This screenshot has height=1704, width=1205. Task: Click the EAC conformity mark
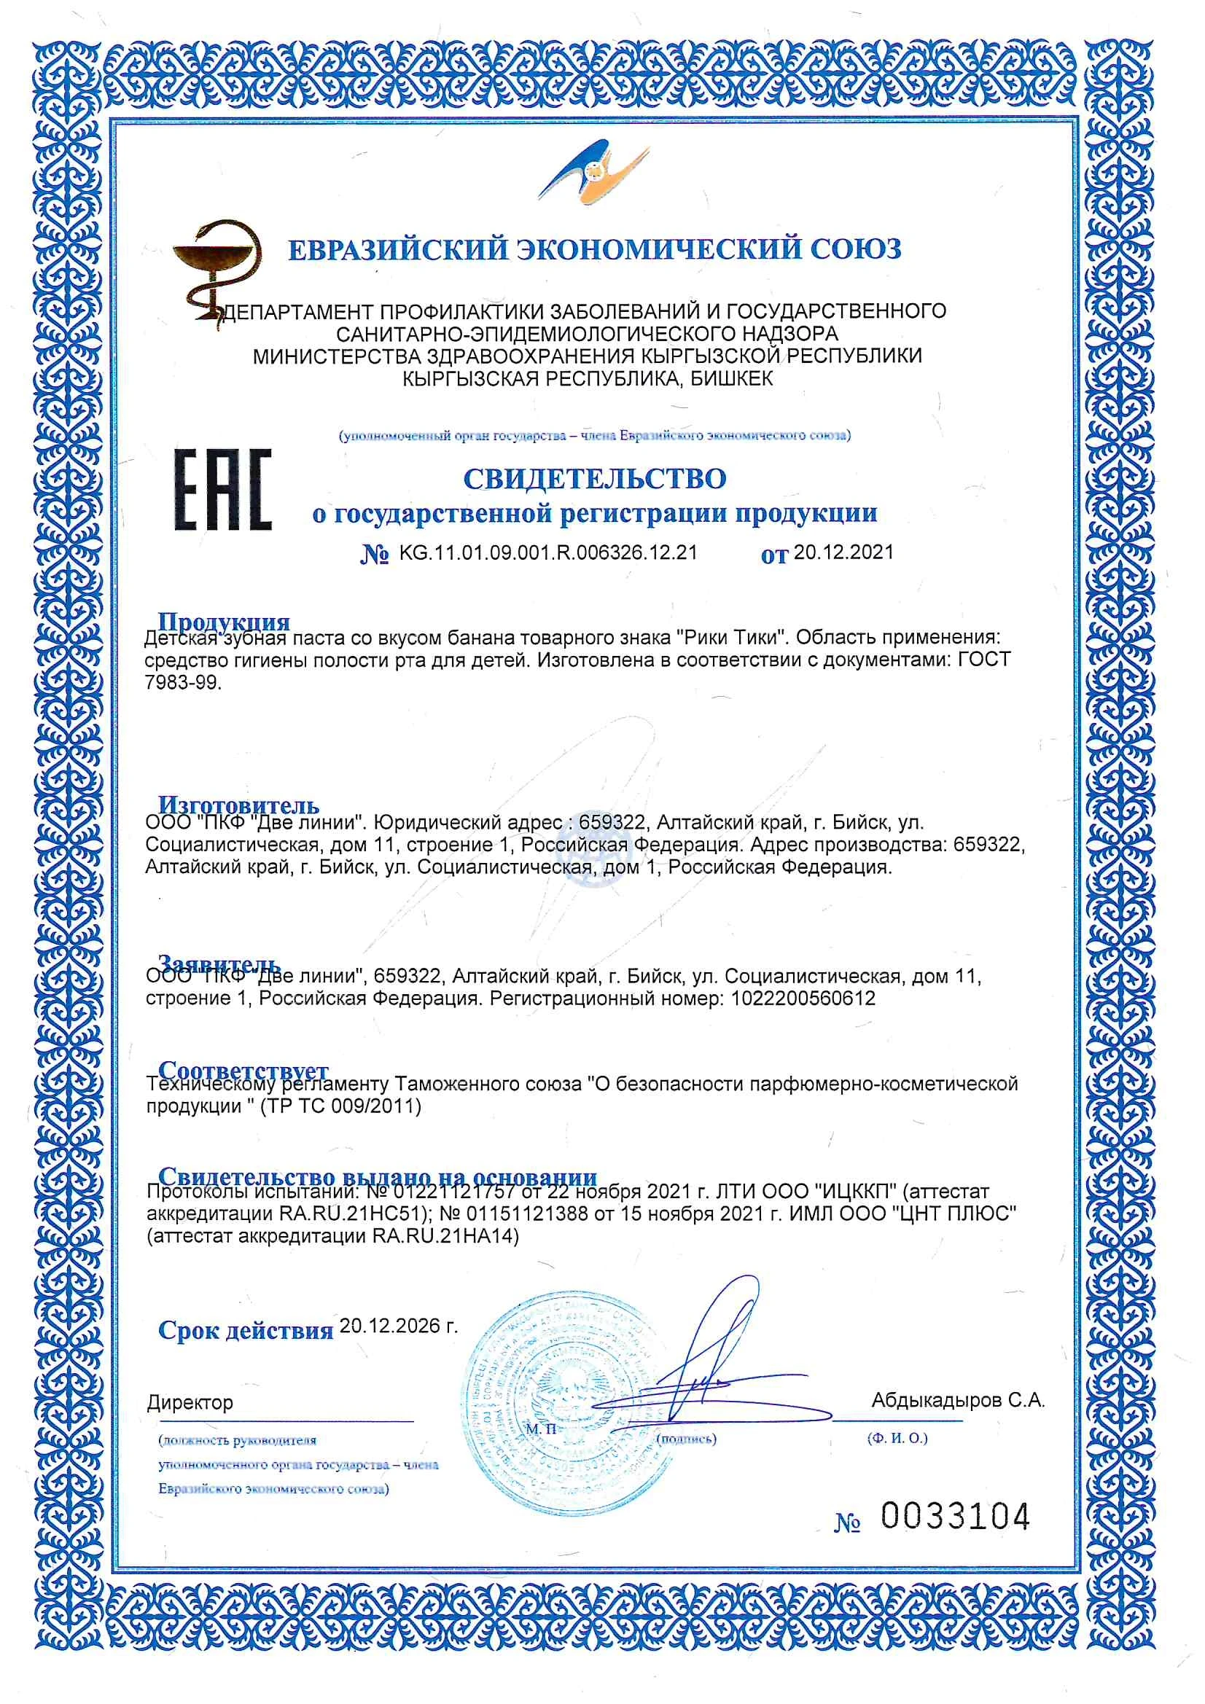[223, 490]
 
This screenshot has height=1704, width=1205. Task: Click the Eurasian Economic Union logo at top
[594, 173]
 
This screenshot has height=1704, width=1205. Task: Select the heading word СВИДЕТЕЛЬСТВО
[595, 480]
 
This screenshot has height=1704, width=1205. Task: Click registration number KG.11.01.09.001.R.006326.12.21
[548, 553]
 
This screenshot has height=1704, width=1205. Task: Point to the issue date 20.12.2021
[843, 552]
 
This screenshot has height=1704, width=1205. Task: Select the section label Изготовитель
[238, 805]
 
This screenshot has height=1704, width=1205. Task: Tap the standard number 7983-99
[183, 683]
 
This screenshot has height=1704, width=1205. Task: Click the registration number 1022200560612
[803, 998]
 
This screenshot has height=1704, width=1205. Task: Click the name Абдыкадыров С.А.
[958, 1401]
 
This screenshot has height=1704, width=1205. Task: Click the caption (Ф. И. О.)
[897, 1438]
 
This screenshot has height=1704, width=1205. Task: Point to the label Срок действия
[245, 1331]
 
